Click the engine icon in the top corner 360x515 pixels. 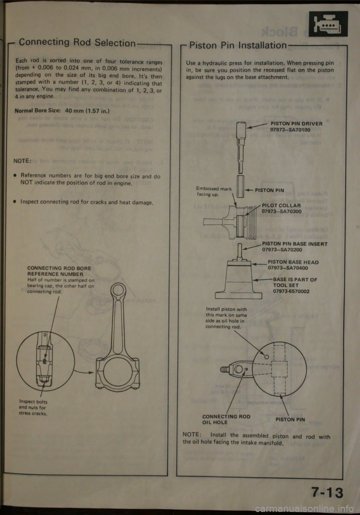[x=328, y=24]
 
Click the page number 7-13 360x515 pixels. [x=327, y=492]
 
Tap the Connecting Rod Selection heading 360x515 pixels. [x=77, y=43]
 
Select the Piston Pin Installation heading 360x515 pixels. [x=238, y=45]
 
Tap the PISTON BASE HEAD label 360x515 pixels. [x=293, y=262]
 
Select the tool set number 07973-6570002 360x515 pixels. [x=291, y=291]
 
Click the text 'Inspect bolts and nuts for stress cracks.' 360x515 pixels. [x=33, y=408]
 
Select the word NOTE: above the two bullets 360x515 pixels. [x=22, y=161]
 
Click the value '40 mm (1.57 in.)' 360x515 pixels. [x=87, y=111]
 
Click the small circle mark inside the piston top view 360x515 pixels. [x=267, y=357]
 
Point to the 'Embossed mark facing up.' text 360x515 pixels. [x=214, y=192]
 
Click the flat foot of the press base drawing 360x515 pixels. [x=238, y=296]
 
